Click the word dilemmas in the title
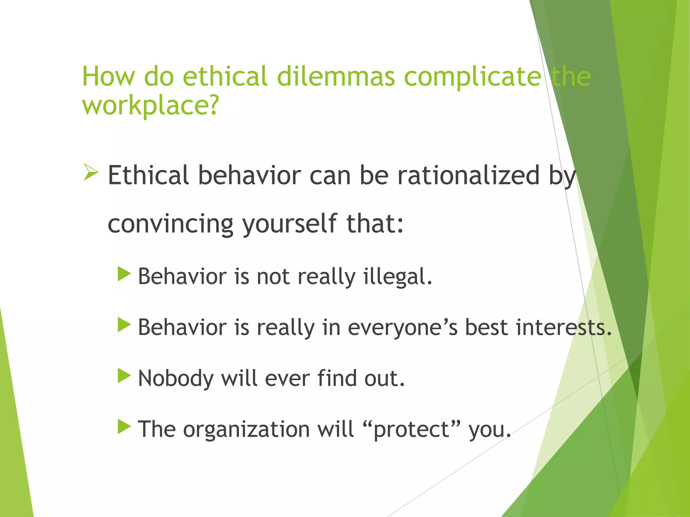pyautogui.click(x=336, y=76)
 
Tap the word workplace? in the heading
pyautogui.click(x=151, y=105)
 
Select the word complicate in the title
pyautogui.click(x=472, y=76)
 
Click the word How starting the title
pyautogui.click(x=108, y=76)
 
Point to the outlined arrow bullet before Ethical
pyautogui.click(x=91, y=172)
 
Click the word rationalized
pyautogui.click(x=469, y=175)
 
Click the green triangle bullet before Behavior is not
pyautogui.click(x=124, y=274)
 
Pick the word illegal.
pyautogui.click(x=398, y=277)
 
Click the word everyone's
pyautogui.click(x=403, y=327)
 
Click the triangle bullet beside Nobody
pyautogui.click(x=124, y=376)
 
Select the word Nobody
pyautogui.click(x=176, y=378)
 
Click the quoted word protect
pyautogui.click(x=411, y=429)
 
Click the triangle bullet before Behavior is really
pyautogui.click(x=124, y=325)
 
